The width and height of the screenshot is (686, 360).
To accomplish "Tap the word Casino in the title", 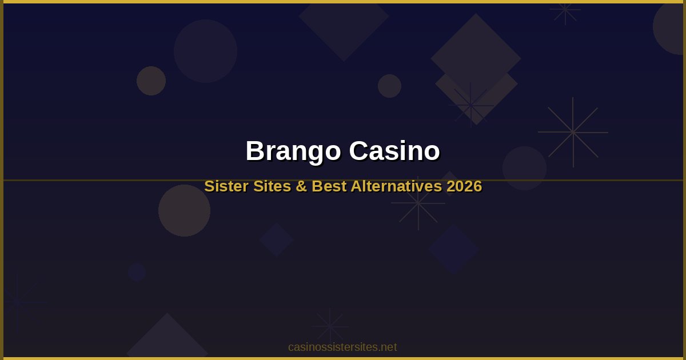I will point(394,151).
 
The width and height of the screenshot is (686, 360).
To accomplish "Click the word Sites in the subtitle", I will point(272,186).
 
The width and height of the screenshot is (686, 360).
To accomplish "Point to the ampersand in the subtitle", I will point(302,186).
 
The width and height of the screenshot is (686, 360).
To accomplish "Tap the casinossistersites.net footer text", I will point(342,347).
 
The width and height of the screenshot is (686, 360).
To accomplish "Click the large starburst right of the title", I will point(573,132).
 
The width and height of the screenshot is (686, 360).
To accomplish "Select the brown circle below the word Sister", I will point(184,210).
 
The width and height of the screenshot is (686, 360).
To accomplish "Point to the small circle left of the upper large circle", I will point(151,81).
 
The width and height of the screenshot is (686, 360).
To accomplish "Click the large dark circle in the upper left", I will point(205,51).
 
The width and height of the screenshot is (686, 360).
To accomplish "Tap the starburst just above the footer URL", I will point(330,326).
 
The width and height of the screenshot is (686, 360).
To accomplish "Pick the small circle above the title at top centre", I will point(389,86).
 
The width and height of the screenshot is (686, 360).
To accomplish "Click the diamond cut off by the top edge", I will point(344,23).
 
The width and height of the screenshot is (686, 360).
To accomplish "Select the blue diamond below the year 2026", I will point(454,249).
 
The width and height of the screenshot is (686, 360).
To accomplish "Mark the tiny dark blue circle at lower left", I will point(137,272).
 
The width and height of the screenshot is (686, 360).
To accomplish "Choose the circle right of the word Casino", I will point(524,168).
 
